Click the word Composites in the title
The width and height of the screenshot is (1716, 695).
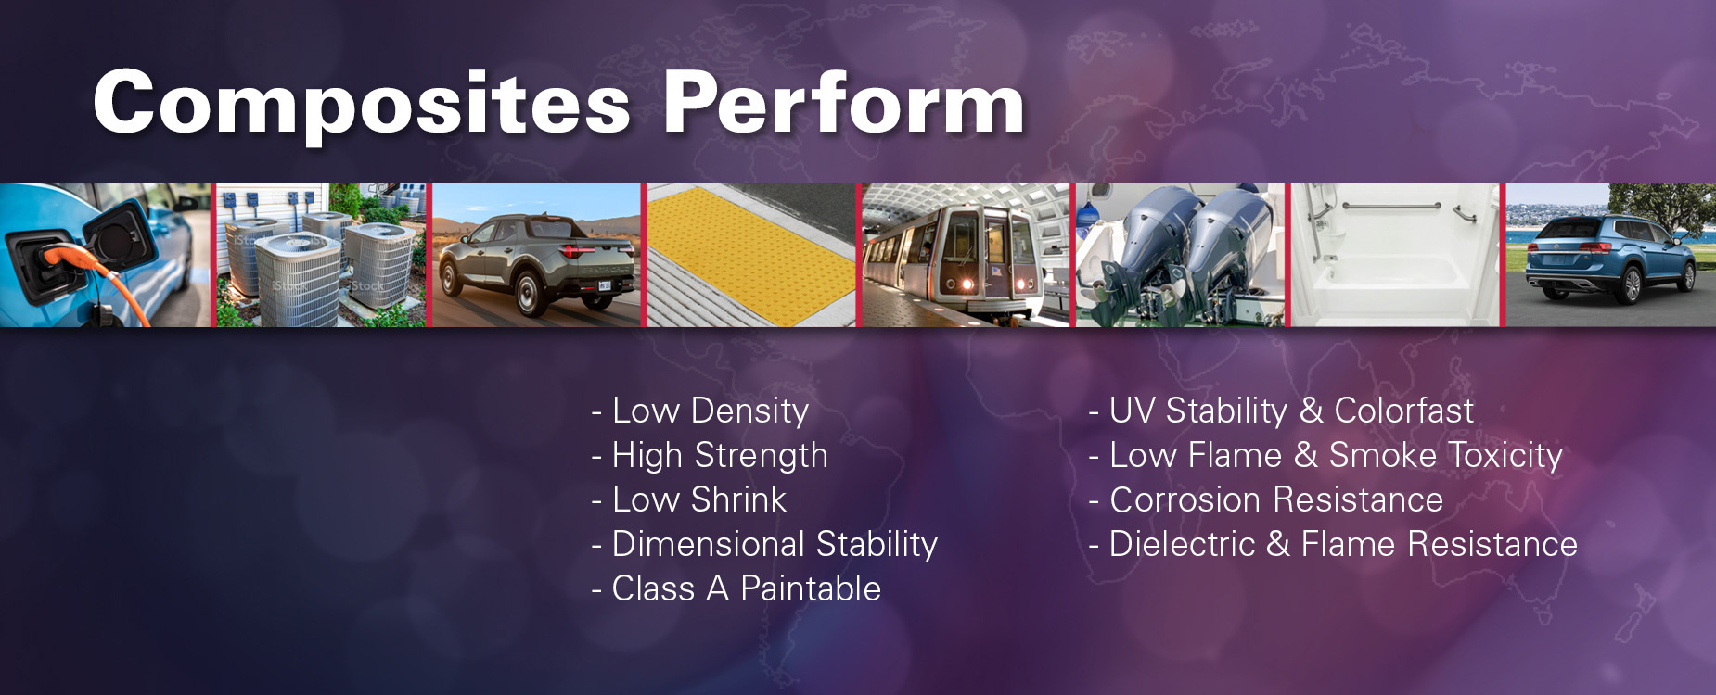pyautogui.click(x=362, y=104)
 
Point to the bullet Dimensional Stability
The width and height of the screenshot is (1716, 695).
pyautogui.click(x=765, y=544)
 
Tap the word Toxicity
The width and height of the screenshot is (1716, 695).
pyautogui.click(x=1505, y=455)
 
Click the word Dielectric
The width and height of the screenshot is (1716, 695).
pyautogui.click(x=1182, y=544)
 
